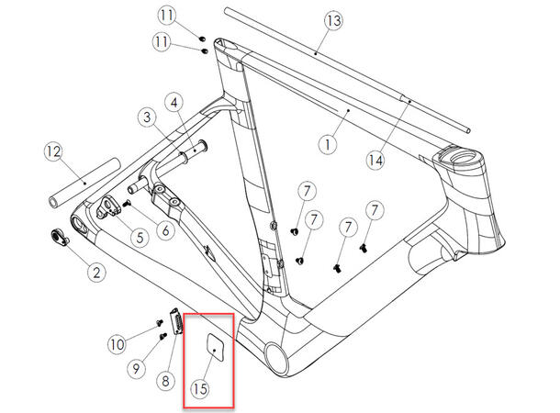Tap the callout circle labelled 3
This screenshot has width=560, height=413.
click(145, 117)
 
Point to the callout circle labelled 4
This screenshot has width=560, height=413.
click(171, 101)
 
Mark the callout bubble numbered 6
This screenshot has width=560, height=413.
click(164, 230)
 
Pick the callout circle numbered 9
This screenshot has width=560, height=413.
click(137, 369)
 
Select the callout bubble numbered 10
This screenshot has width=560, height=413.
click(116, 345)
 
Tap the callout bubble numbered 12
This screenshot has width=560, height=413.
click(54, 150)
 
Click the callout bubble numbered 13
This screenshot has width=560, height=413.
click(332, 20)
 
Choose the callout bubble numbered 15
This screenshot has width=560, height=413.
click(200, 388)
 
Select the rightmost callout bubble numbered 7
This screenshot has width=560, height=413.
click(374, 212)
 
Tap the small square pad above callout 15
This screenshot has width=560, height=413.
click(213, 349)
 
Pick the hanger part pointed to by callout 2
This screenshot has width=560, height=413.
click(59, 236)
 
